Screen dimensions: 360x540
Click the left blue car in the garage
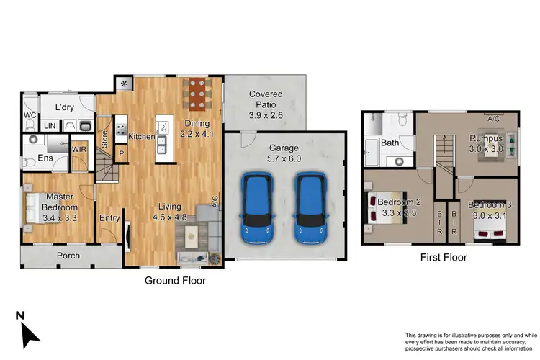coord(258,209)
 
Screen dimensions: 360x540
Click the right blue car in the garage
coord(309,209)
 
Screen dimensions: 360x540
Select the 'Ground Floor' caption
coord(176,281)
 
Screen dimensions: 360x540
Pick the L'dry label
coord(66,107)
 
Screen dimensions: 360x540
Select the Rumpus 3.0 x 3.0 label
coord(487,143)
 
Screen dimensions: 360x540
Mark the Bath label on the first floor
coord(390,143)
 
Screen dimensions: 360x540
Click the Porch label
coord(68,256)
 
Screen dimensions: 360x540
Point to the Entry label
coord(109,218)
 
